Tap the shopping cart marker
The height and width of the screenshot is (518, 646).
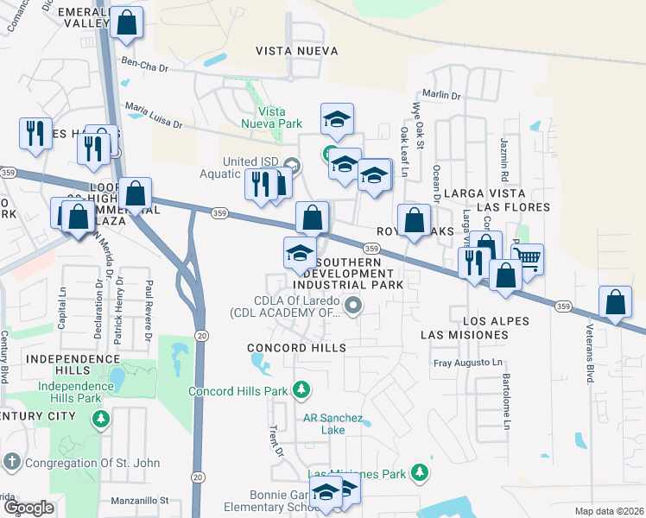(527, 257)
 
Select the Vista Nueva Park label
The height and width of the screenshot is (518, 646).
(278, 118)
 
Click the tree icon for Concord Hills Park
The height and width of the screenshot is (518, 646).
(301, 391)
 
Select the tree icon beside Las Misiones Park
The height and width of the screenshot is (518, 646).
(419, 472)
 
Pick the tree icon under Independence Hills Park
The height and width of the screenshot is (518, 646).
(101, 418)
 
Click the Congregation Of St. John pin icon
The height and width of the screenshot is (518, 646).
(12, 463)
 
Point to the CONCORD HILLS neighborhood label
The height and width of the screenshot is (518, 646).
(296, 348)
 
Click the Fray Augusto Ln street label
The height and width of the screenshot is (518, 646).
(467, 363)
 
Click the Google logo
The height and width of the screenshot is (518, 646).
(28, 508)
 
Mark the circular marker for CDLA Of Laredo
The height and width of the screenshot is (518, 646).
(352, 305)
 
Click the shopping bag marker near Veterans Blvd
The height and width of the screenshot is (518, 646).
(615, 303)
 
